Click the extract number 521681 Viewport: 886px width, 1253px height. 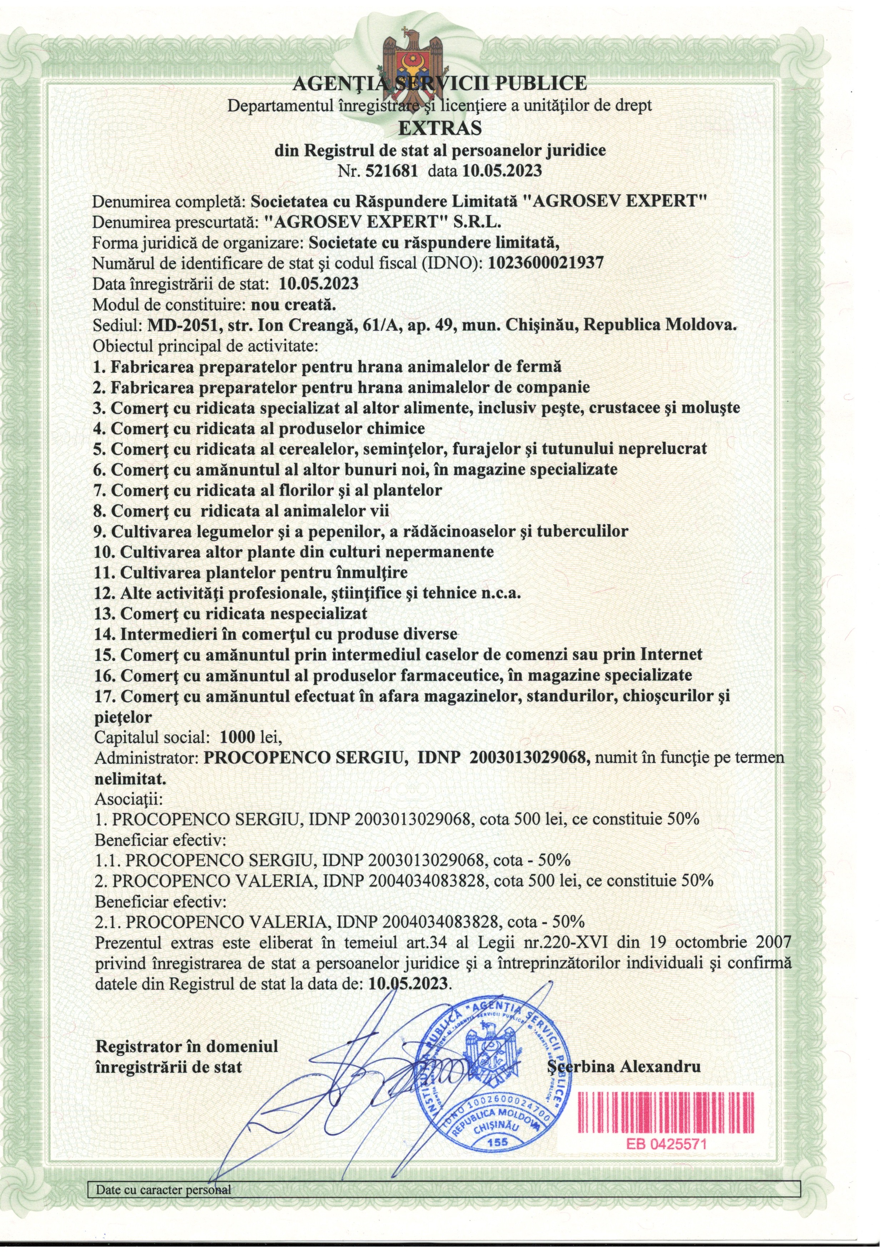[392, 171]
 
